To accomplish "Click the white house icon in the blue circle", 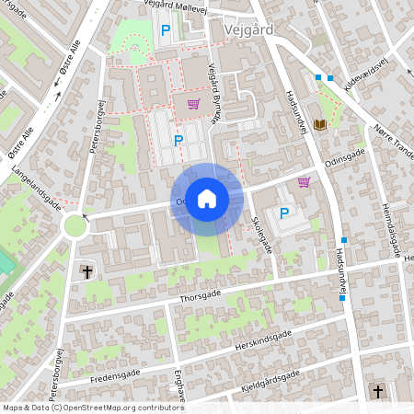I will pyautogui.click(x=207, y=198).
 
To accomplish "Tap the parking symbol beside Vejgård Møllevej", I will pyautogui.click(x=166, y=31).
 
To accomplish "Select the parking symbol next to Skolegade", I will pyautogui.click(x=284, y=213).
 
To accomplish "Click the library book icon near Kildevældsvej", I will pyautogui.click(x=320, y=124).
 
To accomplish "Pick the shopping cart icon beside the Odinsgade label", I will pyautogui.click(x=304, y=182).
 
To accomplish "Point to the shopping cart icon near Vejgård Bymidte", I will pyautogui.click(x=193, y=104).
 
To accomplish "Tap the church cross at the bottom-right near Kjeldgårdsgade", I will pyautogui.click(x=377, y=392).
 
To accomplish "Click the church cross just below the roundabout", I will pyautogui.click(x=87, y=272).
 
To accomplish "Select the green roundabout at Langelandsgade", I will pyautogui.click(x=74, y=225).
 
